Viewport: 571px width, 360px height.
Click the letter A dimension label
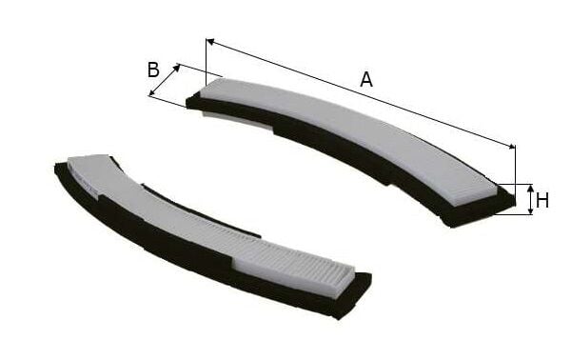(x=365, y=80)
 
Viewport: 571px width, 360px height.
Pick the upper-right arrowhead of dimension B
(x=177, y=68)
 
